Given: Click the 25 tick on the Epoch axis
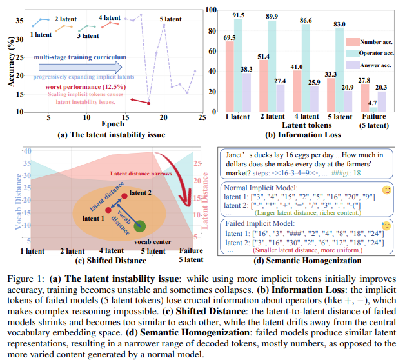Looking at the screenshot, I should pos(202,116).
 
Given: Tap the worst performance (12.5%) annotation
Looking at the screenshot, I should pos(94,86).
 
